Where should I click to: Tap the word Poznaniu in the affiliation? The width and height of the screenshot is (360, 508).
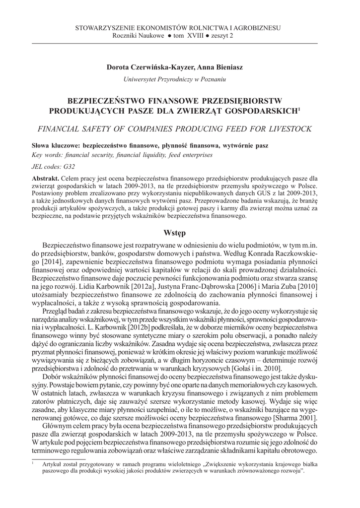click(x=211, y=79)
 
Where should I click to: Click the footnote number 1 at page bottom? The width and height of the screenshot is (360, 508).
click(x=32, y=462)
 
